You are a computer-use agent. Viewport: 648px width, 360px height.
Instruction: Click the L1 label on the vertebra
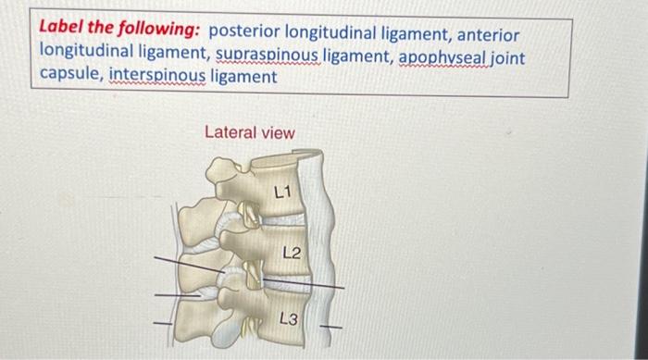pyautogui.click(x=282, y=192)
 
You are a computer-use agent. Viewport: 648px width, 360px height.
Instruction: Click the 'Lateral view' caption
pyautogui.click(x=249, y=132)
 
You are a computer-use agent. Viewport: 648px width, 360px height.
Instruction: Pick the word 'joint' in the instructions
pyautogui.click(x=506, y=57)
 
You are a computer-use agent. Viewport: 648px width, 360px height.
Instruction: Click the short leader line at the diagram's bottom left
pyautogui.click(x=163, y=322)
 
